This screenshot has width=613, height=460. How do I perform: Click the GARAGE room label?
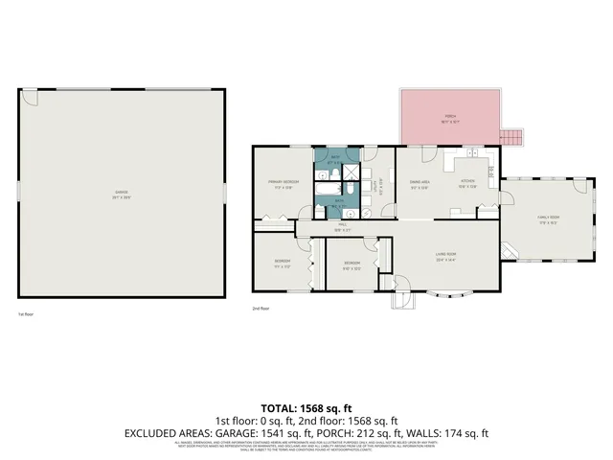(x=122, y=193)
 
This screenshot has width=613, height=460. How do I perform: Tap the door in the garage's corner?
(x=30, y=97)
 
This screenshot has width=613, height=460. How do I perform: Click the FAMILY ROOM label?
(x=547, y=219)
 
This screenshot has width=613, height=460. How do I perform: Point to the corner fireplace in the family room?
(x=511, y=251)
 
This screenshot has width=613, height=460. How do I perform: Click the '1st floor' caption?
(x=26, y=314)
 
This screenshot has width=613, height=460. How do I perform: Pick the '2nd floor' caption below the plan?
(x=261, y=309)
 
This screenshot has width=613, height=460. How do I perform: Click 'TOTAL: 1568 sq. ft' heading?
(x=306, y=407)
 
